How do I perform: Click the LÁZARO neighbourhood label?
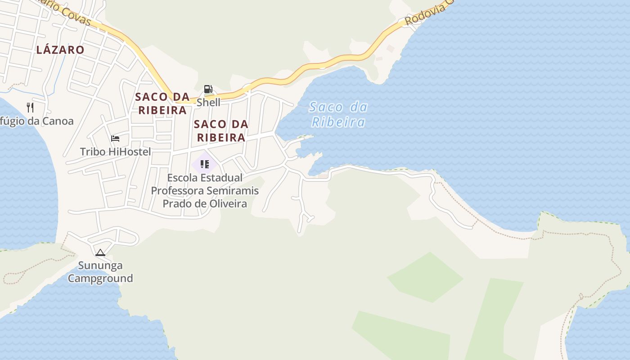coord(60,49)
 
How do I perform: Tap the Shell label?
coord(208,102)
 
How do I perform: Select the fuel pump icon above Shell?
coord(208,89)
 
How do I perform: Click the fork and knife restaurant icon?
coord(30,107)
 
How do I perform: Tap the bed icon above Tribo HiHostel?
coord(115,138)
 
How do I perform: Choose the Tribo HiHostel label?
coord(115,152)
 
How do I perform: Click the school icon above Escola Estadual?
coord(205,164)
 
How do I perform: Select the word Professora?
coord(176,190)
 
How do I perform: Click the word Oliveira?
coord(228,203)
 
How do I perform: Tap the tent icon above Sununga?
coord(100,252)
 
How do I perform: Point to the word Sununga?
coord(100,265)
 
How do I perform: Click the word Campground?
coord(100,278)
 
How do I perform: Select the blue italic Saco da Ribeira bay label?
coord(338,114)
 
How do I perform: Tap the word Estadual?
coord(222,178)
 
